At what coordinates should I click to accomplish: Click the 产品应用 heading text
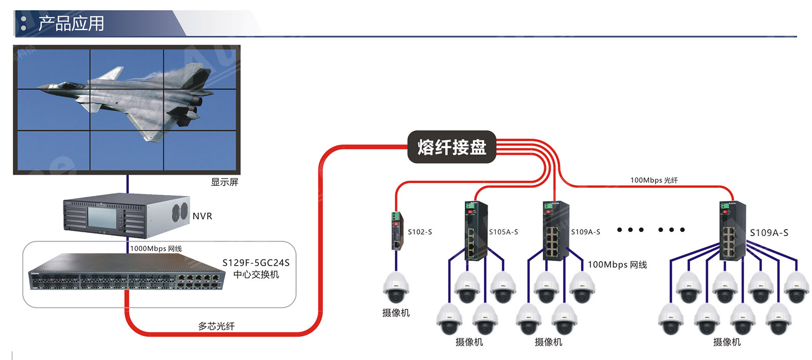(x=71, y=23)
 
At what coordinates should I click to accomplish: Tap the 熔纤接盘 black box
(x=451, y=147)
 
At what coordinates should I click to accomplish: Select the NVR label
(x=202, y=216)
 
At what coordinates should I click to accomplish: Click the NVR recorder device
(x=126, y=216)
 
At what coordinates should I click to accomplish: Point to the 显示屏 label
(x=224, y=182)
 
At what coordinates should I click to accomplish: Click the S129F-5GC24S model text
(x=256, y=263)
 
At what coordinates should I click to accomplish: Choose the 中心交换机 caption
(x=256, y=275)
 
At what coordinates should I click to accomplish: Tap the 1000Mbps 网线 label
(x=156, y=248)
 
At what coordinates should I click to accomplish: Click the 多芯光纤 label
(x=216, y=326)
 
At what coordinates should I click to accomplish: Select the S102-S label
(x=420, y=232)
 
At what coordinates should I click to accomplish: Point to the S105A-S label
(x=503, y=232)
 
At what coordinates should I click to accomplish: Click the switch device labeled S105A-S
(x=476, y=231)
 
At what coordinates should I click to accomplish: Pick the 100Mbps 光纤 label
(x=654, y=180)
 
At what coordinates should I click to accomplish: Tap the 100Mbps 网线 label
(x=617, y=265)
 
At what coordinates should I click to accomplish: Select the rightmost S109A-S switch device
(x=732, y=231)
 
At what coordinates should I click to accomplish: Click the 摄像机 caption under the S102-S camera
(x=396, y=313)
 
